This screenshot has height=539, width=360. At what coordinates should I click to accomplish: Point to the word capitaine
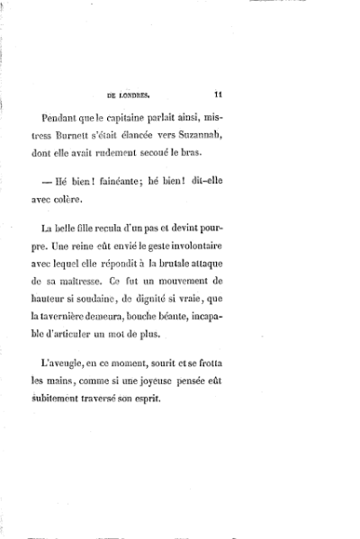click(x=184, y=118)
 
